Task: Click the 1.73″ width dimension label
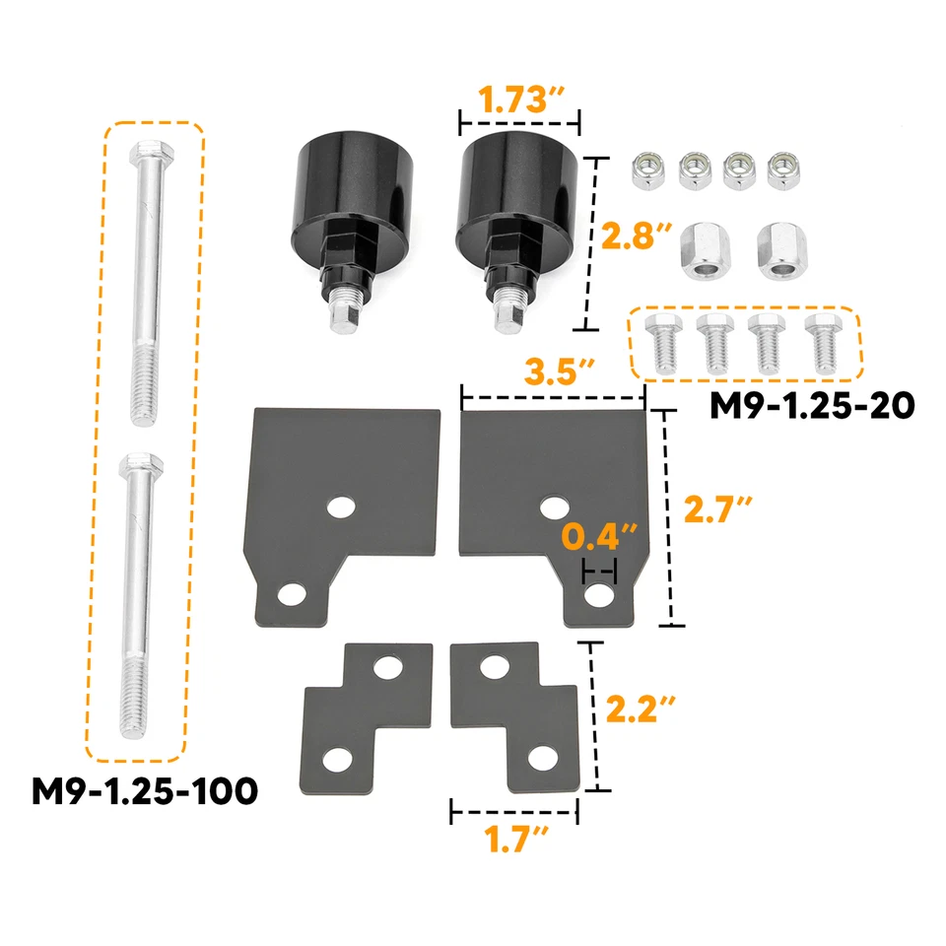click(x=520, y=100)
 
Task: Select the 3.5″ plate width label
click(x=559, y=373)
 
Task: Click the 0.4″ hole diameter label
click(x=600, y=538)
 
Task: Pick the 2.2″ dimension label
click(x=641, y=709)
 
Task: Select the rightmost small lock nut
click(x=785, y=169)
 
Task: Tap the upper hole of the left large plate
click(x=342, y=507)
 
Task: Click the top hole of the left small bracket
click(x=389, y=667)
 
